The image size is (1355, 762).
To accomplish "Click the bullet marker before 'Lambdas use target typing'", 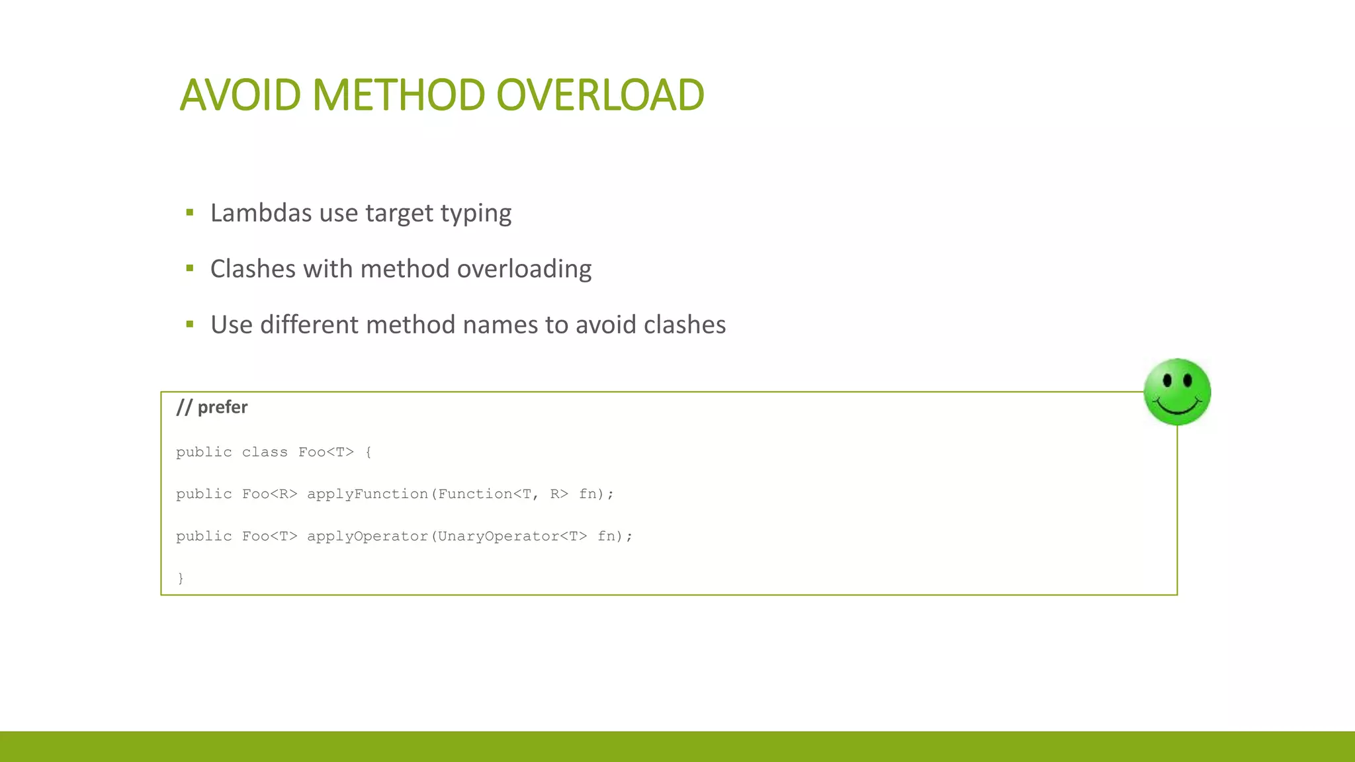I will click(190, 212).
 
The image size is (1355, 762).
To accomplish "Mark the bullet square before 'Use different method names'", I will click(190, 324).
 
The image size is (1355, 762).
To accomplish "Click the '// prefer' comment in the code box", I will click(212, 407).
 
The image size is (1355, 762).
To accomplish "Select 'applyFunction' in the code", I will click(367, 494).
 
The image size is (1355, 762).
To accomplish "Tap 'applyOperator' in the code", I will click(367, 536).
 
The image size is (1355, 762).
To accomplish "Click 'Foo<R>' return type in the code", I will click(269, 494).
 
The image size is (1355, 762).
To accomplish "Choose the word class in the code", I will click(265, 452).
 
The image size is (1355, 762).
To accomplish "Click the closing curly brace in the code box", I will click(181, 578).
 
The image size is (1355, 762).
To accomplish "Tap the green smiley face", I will click(1177, 392).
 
